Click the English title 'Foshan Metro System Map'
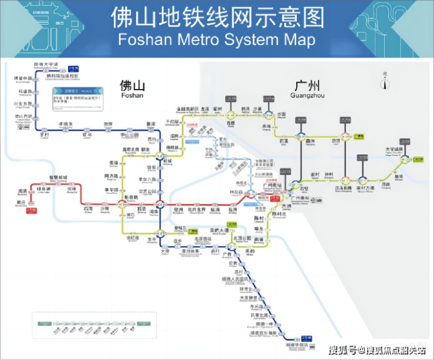[216, 39]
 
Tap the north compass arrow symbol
[385, 81]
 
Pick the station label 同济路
[111, 176]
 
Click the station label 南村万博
[366, 189]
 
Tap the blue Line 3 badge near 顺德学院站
[306, 338]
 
